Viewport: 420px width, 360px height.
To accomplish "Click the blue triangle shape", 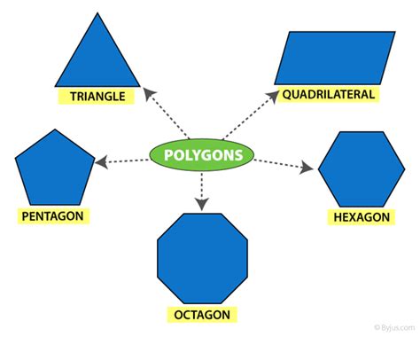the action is click(97, 59).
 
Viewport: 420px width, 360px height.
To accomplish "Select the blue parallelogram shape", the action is click(335, 58).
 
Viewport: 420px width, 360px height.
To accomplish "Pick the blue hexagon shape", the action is click(362, 169).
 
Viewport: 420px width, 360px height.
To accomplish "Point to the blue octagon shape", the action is click(202, 258).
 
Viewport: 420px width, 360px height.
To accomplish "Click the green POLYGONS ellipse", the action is click(202, 155).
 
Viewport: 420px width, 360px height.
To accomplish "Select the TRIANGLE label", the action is click(97, 97).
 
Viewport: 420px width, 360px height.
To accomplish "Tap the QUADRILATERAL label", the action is click(329, 95).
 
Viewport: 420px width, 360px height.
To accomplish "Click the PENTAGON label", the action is click(52, 216).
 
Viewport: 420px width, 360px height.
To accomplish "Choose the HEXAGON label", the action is click(362, 217).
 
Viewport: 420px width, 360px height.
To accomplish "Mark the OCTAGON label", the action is click(202, 315).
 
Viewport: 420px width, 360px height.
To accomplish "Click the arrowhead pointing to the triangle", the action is click(149, 93).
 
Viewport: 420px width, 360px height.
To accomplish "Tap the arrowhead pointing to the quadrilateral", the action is click(273, 96).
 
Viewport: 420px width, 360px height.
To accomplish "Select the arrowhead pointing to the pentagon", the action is click(101, 162).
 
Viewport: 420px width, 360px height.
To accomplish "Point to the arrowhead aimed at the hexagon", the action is click(307, 168).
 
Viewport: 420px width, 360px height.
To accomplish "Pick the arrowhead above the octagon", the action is click(202, 204).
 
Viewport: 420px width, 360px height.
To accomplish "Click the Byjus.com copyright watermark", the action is click(394, 327).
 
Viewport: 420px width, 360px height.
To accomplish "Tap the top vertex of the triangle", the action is click(97, 13).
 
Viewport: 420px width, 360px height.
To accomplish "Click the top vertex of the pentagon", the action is click(55, 129).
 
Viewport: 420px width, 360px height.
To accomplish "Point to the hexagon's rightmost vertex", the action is click(405, 169).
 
